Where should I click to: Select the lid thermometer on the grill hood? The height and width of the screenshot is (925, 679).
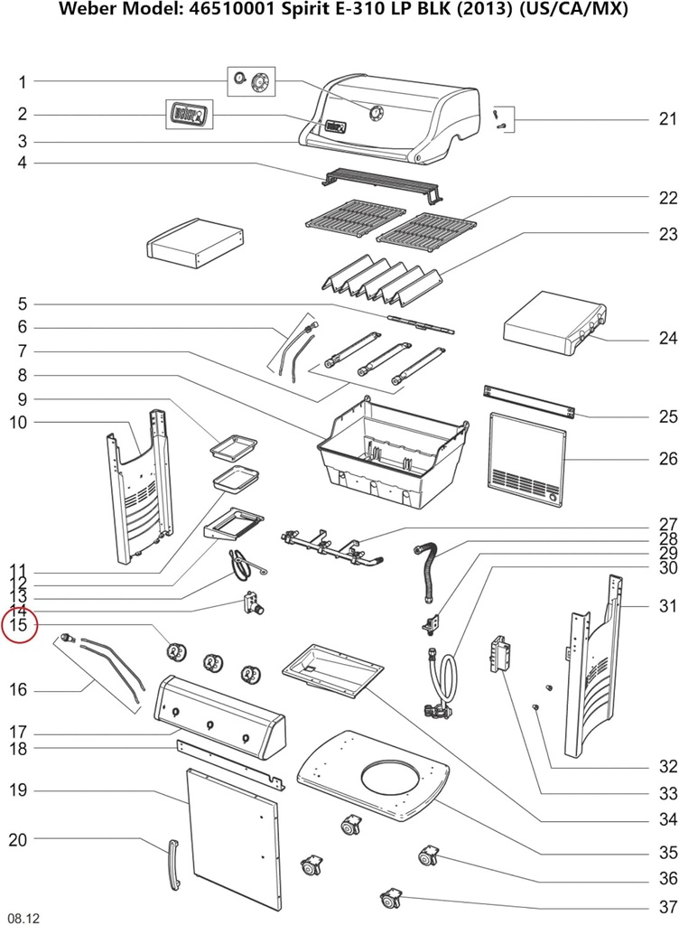376,111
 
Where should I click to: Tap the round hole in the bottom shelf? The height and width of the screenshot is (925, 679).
391,778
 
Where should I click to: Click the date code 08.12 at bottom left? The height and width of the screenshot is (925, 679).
24,917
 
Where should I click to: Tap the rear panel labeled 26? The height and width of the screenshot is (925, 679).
527,459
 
